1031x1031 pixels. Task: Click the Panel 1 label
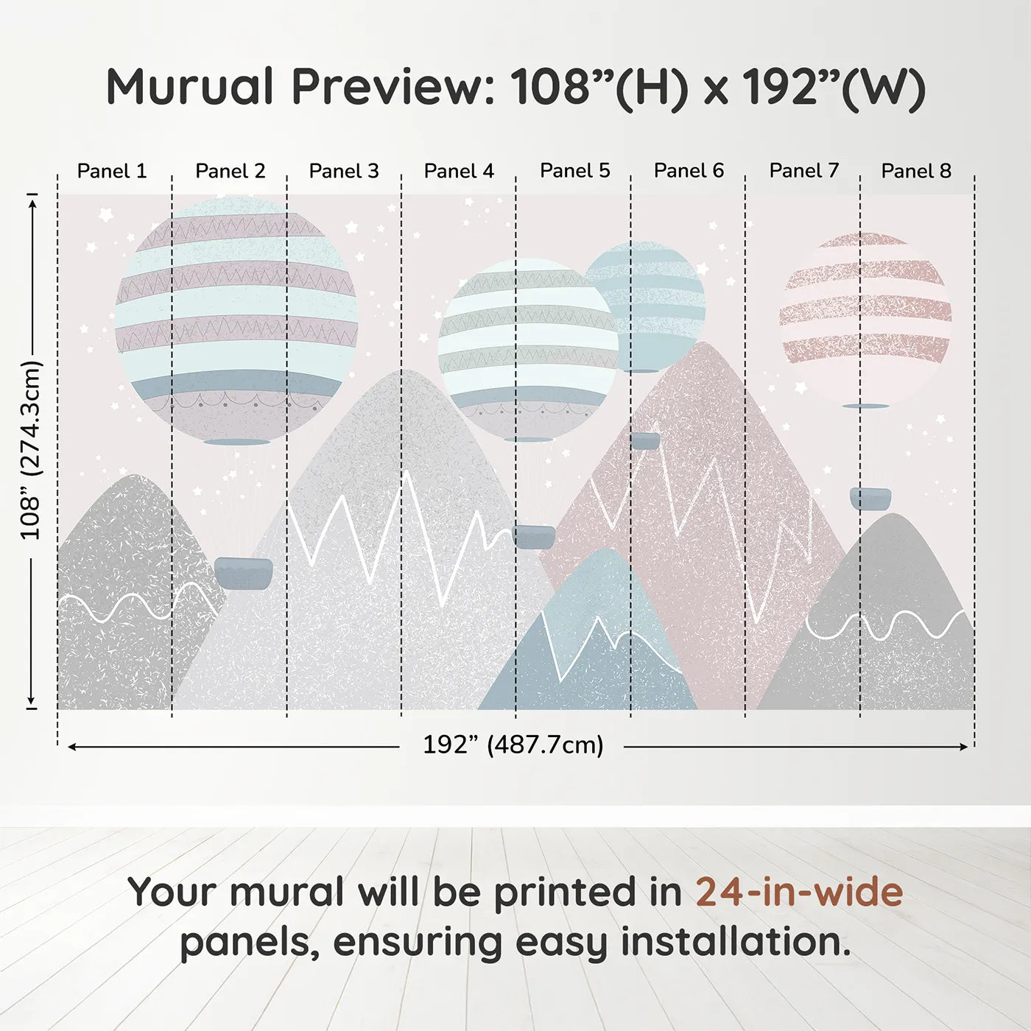(x=112, y=171)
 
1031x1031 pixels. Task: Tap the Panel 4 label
(x=459, y=171)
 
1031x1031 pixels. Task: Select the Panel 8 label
(x=916, y=171)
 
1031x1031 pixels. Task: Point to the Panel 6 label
(x=689, y=171)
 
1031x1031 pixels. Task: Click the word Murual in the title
(x=190, y=87)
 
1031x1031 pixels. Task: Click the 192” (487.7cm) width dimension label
(x=513, y=745)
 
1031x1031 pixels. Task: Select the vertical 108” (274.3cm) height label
(x=31, y=450)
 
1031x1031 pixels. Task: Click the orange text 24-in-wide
(x=799, y=892)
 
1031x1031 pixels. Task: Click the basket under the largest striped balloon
(x=243, y=573)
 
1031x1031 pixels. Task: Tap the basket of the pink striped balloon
(x=870, y=499)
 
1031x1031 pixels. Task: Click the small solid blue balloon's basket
(x=645, y=441)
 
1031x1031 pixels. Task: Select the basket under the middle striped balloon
(x=533, y=536)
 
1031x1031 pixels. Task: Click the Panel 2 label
(x=230, y=171)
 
